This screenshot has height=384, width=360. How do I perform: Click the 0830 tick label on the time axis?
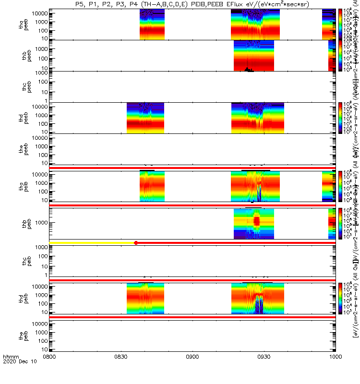[121, 371]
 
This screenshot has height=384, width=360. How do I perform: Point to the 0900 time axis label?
[192, 371]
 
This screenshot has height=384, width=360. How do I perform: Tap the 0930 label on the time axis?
[264, 371]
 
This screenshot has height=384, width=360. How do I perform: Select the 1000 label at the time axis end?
[336, 371]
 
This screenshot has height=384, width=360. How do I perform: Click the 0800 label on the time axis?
[49, 371]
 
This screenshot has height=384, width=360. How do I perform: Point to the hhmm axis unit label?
[10, 371]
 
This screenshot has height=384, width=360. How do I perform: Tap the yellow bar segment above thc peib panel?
[91, 243]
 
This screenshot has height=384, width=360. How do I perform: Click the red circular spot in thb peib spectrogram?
[257, 221]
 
